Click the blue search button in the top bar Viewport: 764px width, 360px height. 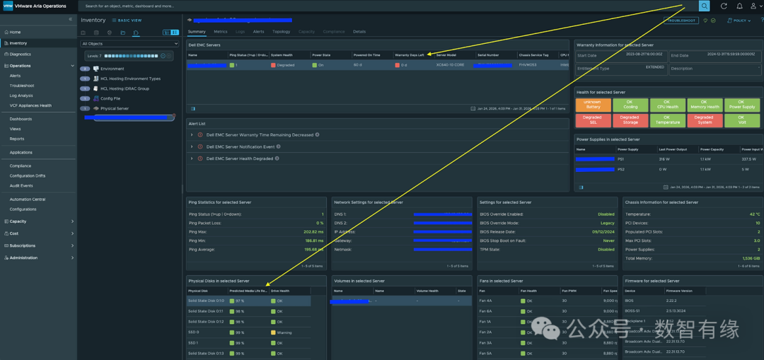704,6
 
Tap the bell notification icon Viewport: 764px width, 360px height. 739,6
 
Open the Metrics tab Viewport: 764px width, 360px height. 221,32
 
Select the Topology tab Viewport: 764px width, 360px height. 281,32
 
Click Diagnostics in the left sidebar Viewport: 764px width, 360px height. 20,54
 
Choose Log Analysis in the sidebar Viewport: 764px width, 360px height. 21,95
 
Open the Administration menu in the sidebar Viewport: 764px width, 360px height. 23,257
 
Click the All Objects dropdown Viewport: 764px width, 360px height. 129,44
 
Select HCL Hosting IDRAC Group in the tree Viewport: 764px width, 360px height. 125,88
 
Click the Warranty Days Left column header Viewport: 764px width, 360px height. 410,54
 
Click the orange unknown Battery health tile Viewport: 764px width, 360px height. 593,105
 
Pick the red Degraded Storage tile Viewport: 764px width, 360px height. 630,120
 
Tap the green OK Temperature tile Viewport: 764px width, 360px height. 667,120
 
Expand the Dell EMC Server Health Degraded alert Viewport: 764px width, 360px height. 192,158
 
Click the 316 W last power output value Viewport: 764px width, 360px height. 664,159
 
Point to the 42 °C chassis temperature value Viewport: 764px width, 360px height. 755,214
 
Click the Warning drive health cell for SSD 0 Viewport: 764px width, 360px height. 284,332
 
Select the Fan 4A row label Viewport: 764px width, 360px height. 485,301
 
